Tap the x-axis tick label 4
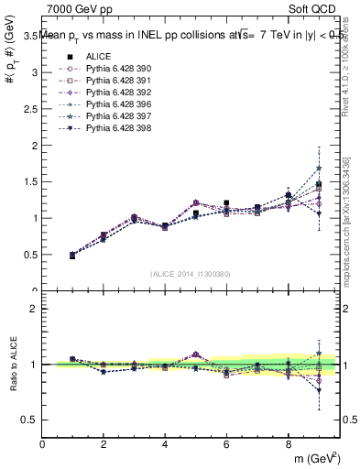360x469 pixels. pyautogui.click(x=165, y=445)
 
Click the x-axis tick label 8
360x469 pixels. pyautogui.click(x=288, y=445)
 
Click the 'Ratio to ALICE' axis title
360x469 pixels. pyautogui.click(x=13, y=365)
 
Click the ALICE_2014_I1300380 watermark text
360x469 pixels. pyautogui.click(x=191, y=274)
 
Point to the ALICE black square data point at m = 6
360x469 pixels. pyautogui.click(x=226, y=203)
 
